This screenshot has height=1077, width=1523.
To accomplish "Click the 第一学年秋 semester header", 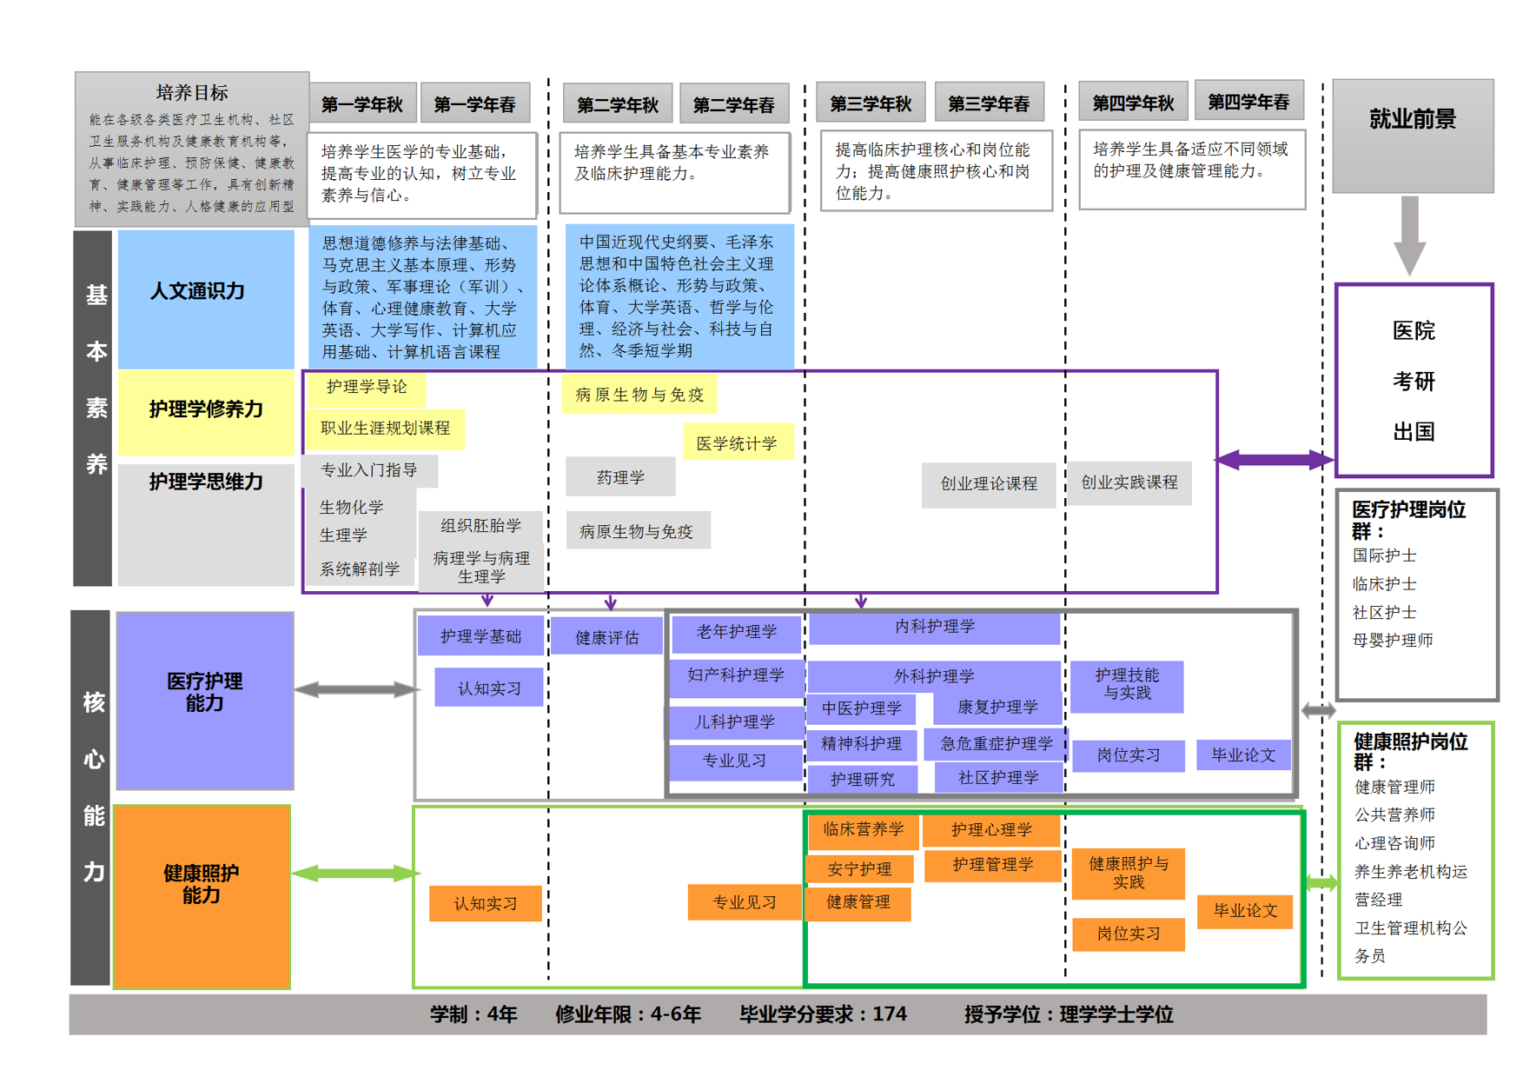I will [362, 104].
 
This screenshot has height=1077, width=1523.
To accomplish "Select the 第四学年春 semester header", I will [1248, 102].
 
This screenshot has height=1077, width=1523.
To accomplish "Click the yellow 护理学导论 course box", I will [367, 388].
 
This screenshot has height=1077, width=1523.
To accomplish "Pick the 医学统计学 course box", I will [737, 443].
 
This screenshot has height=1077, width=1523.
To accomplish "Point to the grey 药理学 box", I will [620, 477].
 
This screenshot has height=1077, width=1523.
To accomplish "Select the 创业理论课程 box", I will [989, 483].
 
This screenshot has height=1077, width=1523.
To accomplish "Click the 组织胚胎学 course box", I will [480, 525].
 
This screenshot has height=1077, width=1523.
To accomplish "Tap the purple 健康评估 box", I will [606, 637].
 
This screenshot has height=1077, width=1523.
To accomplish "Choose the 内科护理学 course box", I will [934, 627].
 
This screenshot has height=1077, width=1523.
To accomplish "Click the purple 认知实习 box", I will [489, 688].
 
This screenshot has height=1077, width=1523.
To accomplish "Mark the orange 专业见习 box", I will [745, 902].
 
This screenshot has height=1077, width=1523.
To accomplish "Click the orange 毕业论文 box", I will [1245, 911].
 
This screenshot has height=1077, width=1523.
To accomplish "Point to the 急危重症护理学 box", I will [996, 744].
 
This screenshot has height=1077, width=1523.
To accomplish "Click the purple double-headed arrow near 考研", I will [1274, 460].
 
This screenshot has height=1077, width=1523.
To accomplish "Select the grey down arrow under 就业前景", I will [1409, 236].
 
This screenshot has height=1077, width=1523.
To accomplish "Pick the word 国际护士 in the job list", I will [1384, 555].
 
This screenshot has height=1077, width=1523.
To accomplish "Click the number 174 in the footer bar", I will [889, 1014].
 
